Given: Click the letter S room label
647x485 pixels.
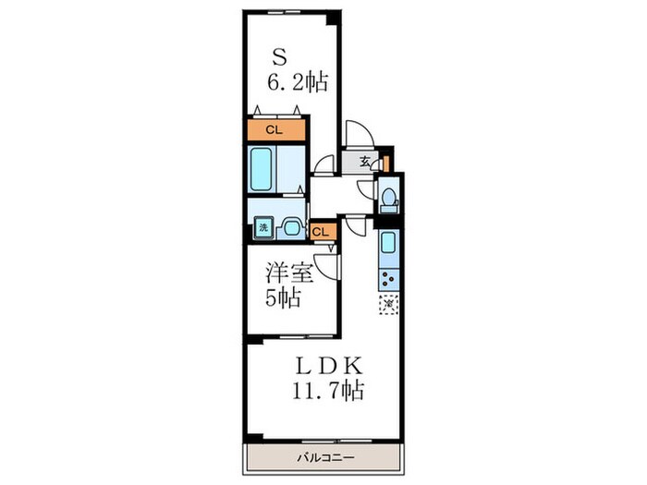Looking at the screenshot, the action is coord(279,57).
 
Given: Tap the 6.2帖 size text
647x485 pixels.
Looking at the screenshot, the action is coord(298,82).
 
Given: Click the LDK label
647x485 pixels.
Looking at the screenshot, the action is coord(329,366).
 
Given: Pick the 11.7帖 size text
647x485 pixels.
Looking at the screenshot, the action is coord(328,390).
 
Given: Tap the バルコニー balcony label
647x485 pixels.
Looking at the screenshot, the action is coord(326,458).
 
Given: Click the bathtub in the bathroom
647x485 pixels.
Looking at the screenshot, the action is coord(262,169).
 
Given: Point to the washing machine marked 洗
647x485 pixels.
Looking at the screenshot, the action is coord(263,227).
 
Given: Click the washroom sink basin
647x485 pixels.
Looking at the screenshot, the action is coord(291,227).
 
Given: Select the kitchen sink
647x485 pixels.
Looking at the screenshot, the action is coord(388,242).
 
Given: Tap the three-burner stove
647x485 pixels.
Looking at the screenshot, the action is coord(389,279).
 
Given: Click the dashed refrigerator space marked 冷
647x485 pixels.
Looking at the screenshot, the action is coord(389,304).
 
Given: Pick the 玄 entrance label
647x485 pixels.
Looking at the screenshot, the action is coord(364,161).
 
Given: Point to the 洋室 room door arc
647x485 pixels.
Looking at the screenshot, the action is coord(323,266).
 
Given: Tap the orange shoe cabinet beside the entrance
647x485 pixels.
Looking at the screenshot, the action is coord(386,164).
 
